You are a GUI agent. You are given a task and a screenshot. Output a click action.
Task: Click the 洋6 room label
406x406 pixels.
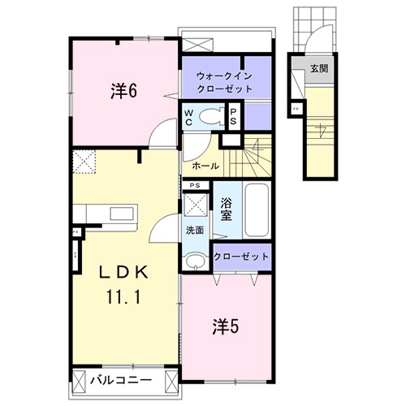click(x=123, y=91)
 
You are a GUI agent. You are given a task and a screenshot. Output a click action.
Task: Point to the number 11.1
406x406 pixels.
click(x=123, y=296)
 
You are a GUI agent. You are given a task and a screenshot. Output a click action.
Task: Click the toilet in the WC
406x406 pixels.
click(x=213, y=115)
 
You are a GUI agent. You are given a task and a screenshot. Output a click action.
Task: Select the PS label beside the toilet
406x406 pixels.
click(x=234, y=115)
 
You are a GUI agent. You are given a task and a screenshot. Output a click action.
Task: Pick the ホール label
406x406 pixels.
click(x=205, y=166)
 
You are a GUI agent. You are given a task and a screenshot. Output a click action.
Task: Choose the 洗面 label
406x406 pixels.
click(x=196, y=230)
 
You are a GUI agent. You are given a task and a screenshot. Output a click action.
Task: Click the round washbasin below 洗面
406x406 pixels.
click(x=195, y=261)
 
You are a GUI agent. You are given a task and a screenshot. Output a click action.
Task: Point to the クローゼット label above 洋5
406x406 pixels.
click(x=241, y=257)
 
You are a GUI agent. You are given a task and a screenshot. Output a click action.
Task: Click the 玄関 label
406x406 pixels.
click(x=318, y=69)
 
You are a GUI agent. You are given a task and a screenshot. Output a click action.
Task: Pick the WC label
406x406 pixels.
click(x=188, y=115)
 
